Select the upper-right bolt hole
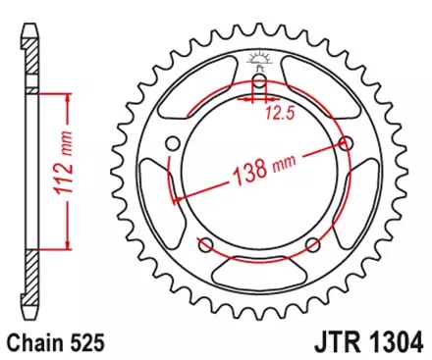click(345, 143)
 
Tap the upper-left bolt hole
click(174, 144)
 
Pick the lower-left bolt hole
click(207, 244)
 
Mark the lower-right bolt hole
click(312, 244)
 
